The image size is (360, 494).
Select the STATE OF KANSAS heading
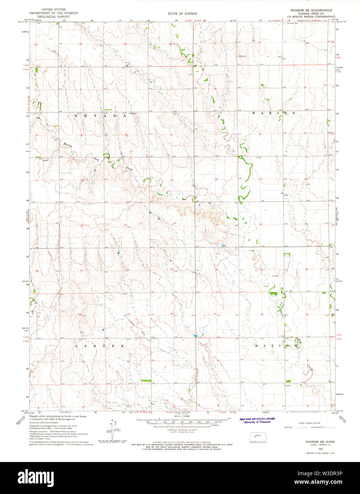click(x=183, y=14)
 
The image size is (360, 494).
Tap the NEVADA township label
click(x=100, y=116)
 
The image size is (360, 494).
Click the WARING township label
click(x=273, y=113)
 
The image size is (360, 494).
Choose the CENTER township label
click(x=99, y=346)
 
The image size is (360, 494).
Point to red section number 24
click(x=174, y=223)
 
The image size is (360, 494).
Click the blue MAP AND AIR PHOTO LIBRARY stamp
click(x=257, y=420)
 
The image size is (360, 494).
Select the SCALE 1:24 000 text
click(x=182, y=416)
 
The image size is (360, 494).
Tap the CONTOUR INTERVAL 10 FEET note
click(x=182, y=430)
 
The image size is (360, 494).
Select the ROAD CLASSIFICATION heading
click(x=310, y=423)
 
